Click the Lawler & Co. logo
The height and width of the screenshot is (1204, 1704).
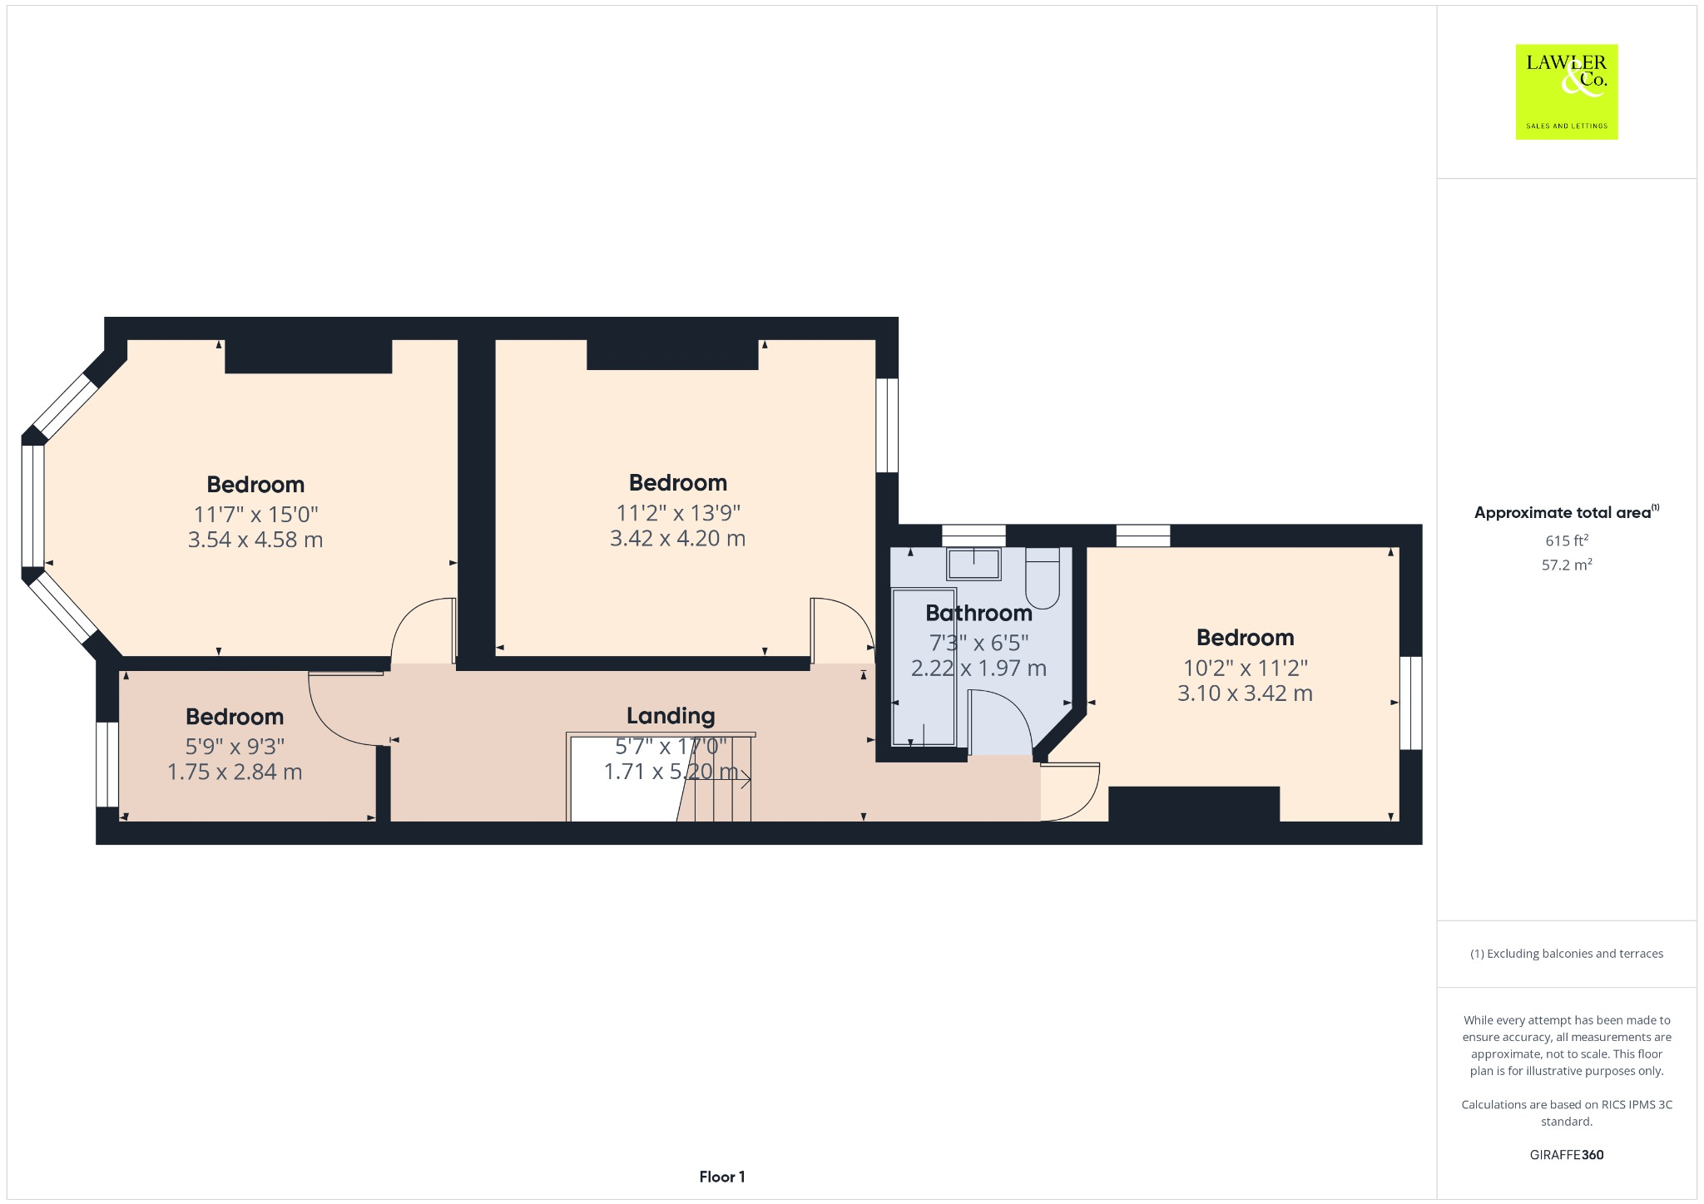(x=1566, y=91)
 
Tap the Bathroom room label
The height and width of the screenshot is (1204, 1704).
(x=978, y=614)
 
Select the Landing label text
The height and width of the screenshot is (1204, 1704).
(x=671, y=716)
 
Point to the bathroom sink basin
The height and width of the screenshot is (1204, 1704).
(x=973, y=565)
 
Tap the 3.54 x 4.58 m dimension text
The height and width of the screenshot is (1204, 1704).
(x=255, y=540)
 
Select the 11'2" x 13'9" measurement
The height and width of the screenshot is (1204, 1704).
(x=678, y=513)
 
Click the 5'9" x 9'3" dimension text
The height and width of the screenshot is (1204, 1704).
(x=235, y=747)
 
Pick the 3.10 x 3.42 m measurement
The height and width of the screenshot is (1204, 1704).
(x=1245, y=693)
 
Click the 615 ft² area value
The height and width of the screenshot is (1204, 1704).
(x=1567, y=541)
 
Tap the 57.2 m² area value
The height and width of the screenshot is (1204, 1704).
(x=1567, y=565)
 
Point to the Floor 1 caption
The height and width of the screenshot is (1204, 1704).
(x=722, y=1177)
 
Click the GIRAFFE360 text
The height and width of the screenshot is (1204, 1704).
(x=1567, y=1155)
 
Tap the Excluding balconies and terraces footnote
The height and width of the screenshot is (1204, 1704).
(x=1567, y=954)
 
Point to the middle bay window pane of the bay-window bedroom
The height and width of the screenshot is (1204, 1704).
(x=32, y=506)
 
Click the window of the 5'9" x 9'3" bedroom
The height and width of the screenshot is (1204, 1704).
(x=107, y=764)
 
